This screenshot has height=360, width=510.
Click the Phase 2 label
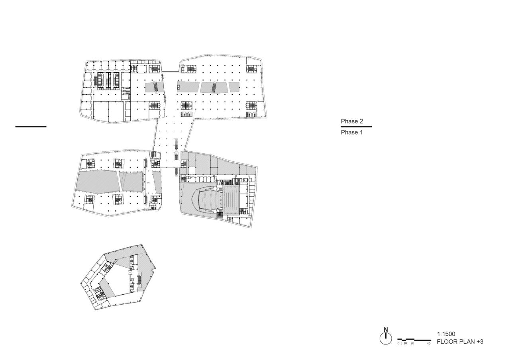pos(352,121)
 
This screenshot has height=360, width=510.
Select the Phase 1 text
pos(352,133)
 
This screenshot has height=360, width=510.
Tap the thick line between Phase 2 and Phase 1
pos(356,127)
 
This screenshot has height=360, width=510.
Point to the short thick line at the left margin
pos(31,127)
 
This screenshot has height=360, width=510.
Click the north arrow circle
pos(386,339)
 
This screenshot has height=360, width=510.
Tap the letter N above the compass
pos(386,330)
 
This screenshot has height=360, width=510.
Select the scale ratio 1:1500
pos(446,334)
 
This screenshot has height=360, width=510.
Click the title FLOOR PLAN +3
pos(460,342)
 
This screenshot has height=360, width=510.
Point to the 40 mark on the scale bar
pos(429,343)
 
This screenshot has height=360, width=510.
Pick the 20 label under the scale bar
pos(412,343)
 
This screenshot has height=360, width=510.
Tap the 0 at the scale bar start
pos(398,343)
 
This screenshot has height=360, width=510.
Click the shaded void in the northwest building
pos(154,88)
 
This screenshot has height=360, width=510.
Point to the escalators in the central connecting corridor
pos(176,145)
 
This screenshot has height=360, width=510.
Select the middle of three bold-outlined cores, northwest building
pos(108,80)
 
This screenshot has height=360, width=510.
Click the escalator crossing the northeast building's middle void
pos(214,87)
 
